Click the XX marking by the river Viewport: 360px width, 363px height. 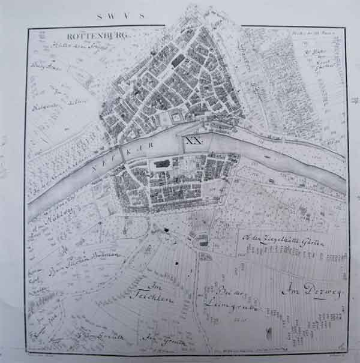pos(194,141)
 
